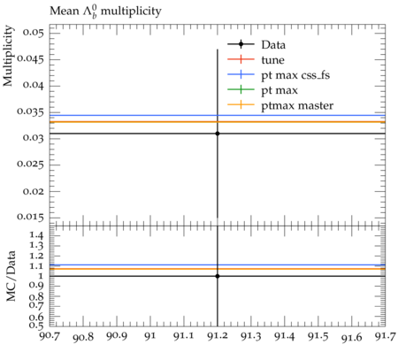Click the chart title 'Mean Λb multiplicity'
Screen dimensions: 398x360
(x=105, y=11)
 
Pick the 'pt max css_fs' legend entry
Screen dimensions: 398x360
(x=279, y=75)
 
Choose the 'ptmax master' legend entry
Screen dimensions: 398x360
(x=280, y=105)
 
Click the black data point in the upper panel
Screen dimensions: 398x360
(x=218, y=134)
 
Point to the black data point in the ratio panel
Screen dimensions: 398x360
(x=218, y=276)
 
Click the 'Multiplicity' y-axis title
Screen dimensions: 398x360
(x=8, y=56)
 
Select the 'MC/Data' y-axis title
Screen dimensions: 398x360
(x=11, y=276)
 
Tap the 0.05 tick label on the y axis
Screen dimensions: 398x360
(x=33, y=32)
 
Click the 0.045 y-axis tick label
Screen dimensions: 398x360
(x=30, y=58)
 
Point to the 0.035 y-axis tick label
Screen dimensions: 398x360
(x=30, y=111)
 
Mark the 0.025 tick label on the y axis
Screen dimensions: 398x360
(x=30, y=164)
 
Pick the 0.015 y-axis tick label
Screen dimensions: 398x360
(x=30, y=217)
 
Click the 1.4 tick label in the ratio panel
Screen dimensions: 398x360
(x=36, y=235)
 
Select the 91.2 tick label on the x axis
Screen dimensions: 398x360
(x=218, y=336)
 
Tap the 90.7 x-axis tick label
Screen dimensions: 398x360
(x=50, y=336)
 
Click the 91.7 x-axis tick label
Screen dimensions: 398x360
(x=385, y=336)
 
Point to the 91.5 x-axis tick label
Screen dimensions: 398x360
(x=318, y=336)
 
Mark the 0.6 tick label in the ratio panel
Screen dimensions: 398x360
(x=36, y=317)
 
